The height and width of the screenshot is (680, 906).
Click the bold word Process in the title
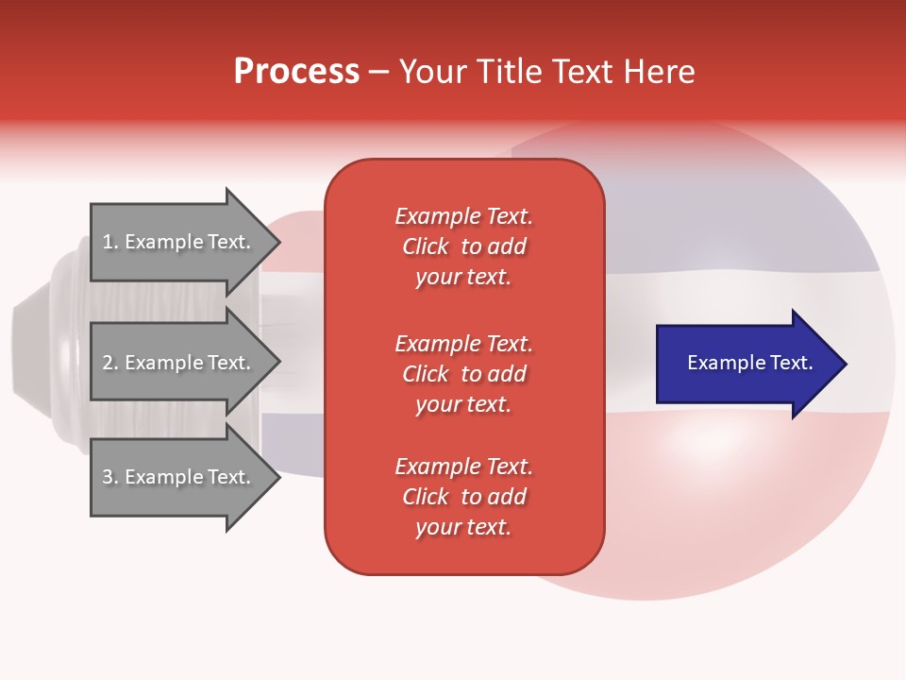tap(296, 72)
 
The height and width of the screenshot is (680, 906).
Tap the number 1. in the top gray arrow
tap(110, 242)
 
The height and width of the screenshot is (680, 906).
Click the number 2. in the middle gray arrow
tap(110, 363)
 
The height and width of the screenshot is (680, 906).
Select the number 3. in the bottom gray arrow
tap(110, 477)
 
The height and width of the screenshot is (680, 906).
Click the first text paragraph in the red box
tap(463, 246)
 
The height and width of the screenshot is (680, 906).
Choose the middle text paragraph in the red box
tap(463, 374)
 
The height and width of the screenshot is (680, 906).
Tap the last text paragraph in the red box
tap(463, 497)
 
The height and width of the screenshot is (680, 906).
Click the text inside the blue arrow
tap(750, 363)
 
